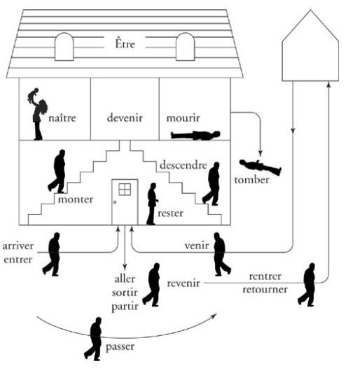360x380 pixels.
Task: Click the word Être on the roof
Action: coord(125,43)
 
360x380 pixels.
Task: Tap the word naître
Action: coord(62,118)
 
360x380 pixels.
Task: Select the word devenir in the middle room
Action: coord(125,118)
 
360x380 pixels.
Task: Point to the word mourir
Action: coord(184,118)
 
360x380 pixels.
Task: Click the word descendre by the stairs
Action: coord(184,164)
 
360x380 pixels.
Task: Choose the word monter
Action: coord(76,199)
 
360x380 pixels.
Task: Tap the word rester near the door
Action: coord(170,213)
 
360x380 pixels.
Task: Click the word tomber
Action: coord(252,180)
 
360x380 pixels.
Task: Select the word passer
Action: coord(120,347)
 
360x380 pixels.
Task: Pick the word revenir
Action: coord(184,283)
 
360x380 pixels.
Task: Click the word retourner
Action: coord(265,289)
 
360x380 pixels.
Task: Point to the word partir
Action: coord(125,307)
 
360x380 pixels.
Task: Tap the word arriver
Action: coord(18,246)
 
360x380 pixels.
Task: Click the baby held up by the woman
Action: coord(33,95)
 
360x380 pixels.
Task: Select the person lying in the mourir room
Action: coord(195,135)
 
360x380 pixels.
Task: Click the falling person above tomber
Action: coord(261,167)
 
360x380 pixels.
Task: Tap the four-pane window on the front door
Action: coord(125,189)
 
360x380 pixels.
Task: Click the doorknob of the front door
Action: coord(115,202)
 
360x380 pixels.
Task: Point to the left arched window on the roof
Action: coord(64,46)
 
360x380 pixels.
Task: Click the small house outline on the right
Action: coord(310,45)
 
